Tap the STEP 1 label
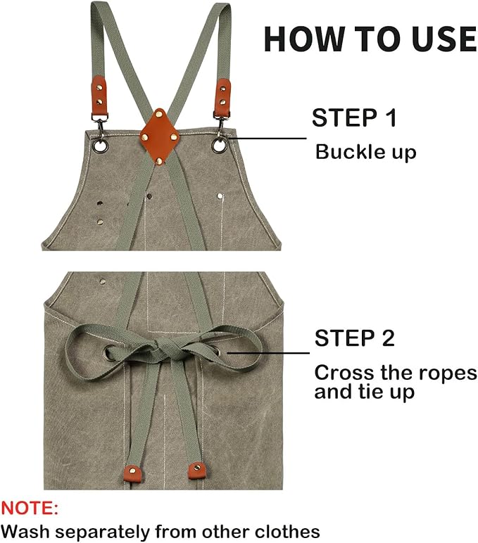point(354,117)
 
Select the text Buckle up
point(365,152)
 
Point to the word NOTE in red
point(30,508)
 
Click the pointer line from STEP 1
point(268,138)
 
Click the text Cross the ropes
point(395,373)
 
